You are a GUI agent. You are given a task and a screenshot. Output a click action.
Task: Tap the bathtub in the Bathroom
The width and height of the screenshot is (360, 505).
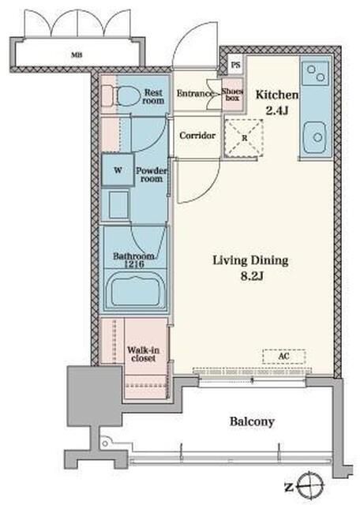tap(135, 291)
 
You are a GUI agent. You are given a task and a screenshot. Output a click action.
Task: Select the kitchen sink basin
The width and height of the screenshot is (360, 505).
tap(315, 137)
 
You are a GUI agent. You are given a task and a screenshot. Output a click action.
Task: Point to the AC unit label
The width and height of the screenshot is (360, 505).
tap(283, 356)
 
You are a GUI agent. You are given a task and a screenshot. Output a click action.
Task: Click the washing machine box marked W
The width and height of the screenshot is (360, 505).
tap(118, 170)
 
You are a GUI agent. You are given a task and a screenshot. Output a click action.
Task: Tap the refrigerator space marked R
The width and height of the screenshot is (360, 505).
tap(244, 138)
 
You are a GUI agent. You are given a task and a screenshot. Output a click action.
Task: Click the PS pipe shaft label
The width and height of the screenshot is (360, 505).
tap(235, 65)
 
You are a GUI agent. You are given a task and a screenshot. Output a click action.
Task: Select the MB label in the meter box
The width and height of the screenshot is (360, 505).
tap(77, 55)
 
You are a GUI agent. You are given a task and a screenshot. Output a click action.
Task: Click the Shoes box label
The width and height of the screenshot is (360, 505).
tap(232, 94)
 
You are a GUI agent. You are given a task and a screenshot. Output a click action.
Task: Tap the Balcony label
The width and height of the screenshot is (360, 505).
tap(252, 421)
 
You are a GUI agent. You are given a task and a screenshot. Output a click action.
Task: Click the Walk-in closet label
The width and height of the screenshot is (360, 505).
tap(144, 354)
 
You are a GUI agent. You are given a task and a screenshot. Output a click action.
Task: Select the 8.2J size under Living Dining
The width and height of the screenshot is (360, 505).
tap(252, 276)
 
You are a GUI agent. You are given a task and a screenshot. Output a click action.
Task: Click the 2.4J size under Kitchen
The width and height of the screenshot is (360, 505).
tap(276, 110)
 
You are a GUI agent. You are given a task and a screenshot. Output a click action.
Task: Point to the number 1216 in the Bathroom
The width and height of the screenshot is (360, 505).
tap(133, 264)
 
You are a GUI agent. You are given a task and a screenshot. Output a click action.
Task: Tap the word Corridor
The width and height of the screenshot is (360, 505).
tap(197, 136)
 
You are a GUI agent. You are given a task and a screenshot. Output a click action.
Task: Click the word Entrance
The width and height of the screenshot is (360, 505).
tap(195, 93)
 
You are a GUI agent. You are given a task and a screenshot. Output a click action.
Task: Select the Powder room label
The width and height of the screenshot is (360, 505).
tap(151, 174)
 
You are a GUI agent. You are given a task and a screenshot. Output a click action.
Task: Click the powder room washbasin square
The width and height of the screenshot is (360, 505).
tap(118, 205)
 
